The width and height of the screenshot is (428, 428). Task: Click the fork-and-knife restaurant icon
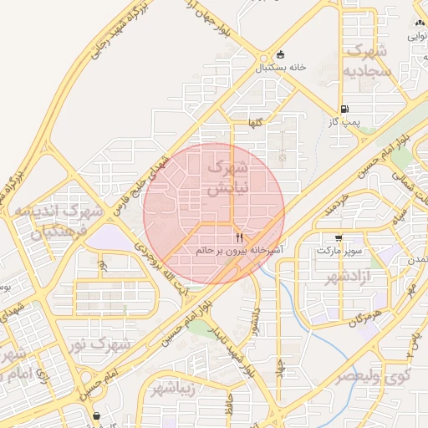(240, 237)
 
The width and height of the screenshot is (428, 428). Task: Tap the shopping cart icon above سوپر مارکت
(338, 237)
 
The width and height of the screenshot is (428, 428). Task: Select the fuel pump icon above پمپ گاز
(344, 110)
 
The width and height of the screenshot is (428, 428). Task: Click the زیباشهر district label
(175, 389)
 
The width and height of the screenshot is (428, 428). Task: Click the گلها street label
(254, 123)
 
